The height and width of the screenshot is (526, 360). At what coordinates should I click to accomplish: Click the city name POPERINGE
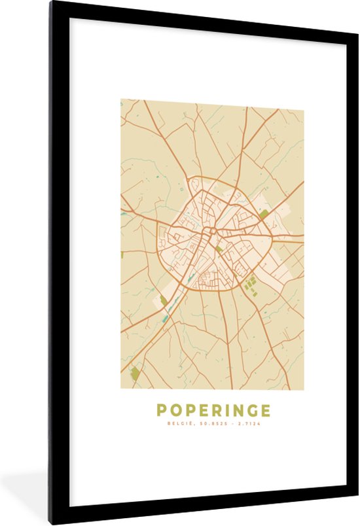(x=213, y=410)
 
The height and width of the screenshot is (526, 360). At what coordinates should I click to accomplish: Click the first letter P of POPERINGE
(x=161, y=410)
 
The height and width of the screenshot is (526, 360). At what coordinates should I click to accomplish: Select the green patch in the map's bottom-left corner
(x=135, y=374)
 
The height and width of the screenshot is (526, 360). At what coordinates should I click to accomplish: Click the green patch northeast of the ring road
(x=264, y=214)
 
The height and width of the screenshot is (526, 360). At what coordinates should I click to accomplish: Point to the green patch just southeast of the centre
(x=219, y=249)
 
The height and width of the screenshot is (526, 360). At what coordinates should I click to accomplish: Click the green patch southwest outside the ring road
(x=163, y=300)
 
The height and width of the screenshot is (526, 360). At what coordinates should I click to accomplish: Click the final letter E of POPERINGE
(x=264, y=410)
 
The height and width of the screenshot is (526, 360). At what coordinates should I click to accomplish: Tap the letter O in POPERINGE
(x=175, y=410)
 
